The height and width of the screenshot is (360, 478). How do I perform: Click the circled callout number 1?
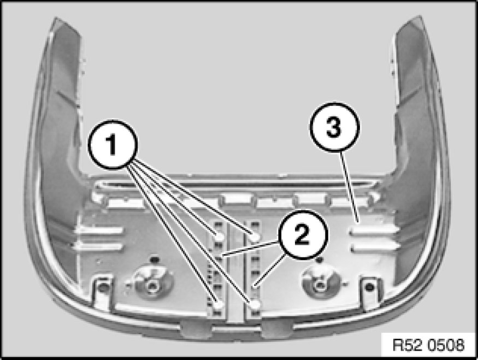pyautogui.click(x=113, y=145)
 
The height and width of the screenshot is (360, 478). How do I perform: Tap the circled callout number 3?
pyautogui.click(x=334, y=127)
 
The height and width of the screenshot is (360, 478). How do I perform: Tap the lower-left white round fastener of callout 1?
pyautogui.click(x=219, y=304)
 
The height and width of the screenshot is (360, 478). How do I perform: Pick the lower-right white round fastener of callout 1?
pyautogui.click(x=255, y=304)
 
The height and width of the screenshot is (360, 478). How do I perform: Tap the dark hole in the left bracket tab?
pyautogui.click(x=104, y=287)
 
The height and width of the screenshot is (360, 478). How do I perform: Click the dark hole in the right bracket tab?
pyautogui.click(x=369, y=287)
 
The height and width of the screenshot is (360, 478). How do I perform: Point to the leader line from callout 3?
pyautogui.click(x=349, y=186)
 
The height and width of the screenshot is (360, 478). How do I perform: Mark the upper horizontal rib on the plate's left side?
pyautogui.click(x=99, y=231)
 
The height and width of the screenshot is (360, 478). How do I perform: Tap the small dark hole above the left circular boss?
pyautogui.click(x=155, y=259)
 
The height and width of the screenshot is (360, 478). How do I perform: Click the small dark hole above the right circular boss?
pyautogui.click(x=319, y=259)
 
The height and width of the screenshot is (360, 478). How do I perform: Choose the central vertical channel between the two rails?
pyautogui.click(x=236, y=272)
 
